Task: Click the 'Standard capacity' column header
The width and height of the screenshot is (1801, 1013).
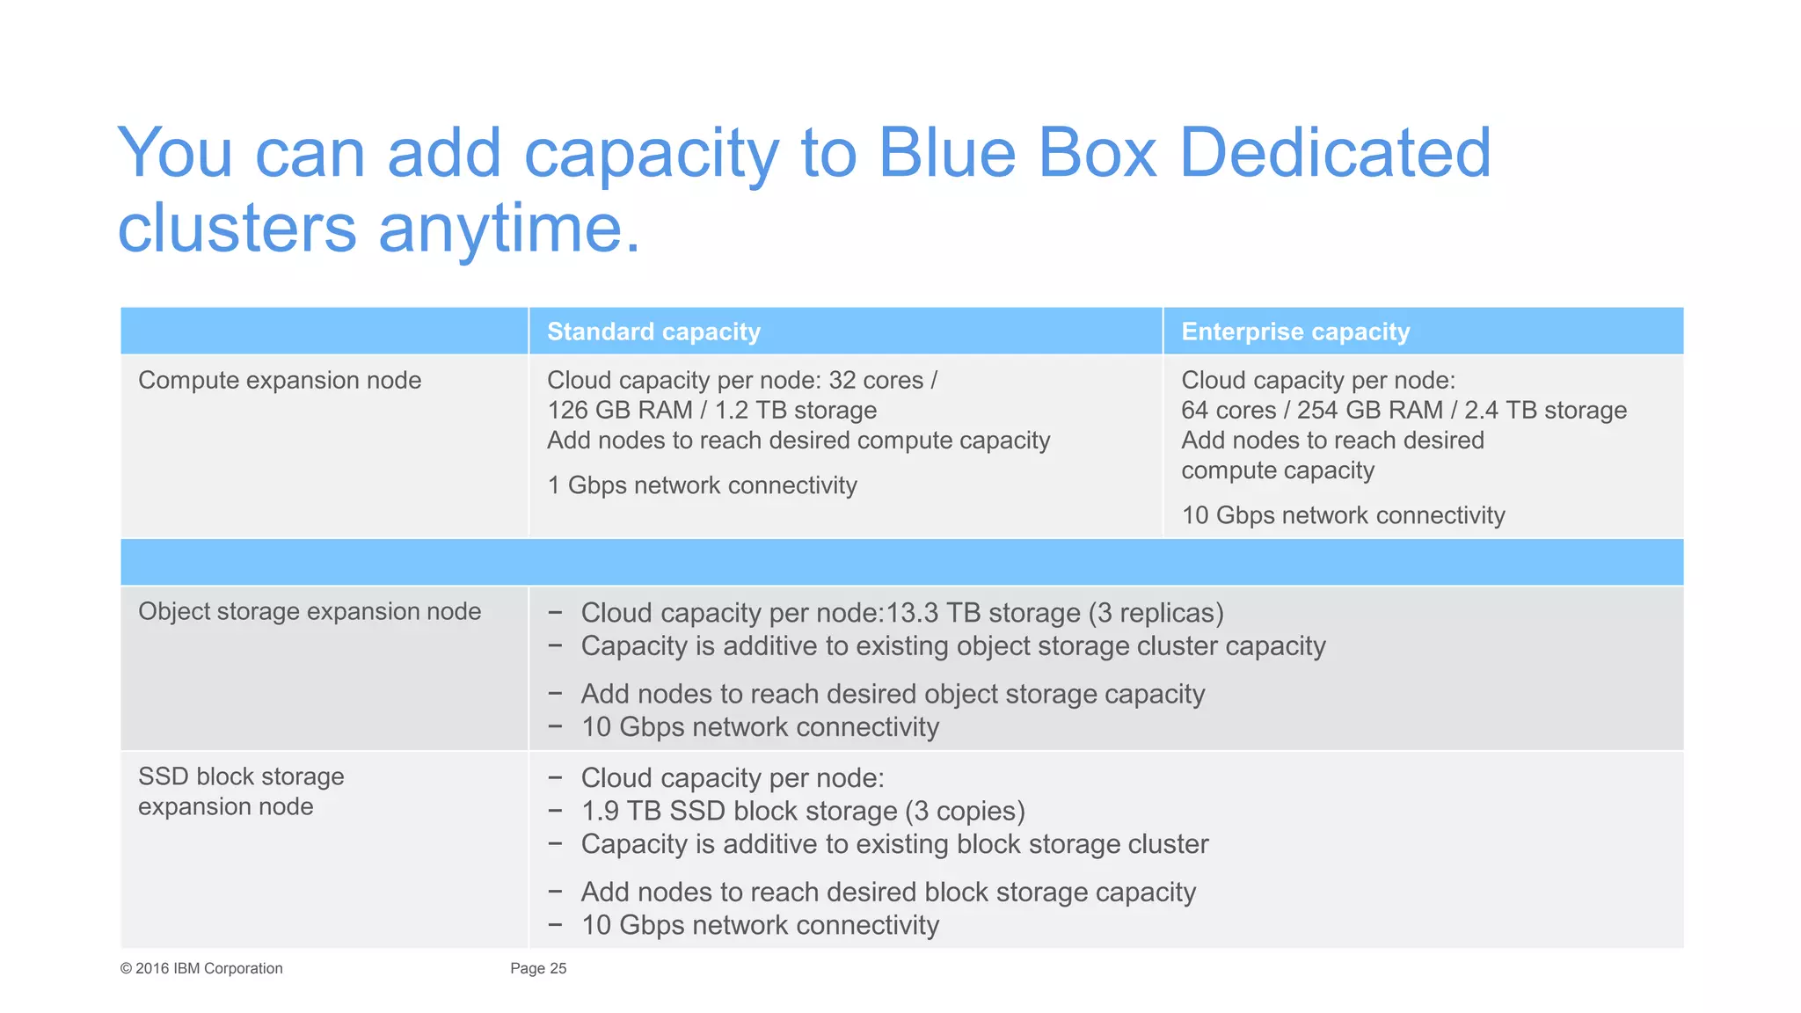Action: (x=653, y=332)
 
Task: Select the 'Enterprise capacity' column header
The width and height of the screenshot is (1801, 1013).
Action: (x=1294, y=332)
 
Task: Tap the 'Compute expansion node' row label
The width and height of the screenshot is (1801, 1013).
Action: (x=280, y=380)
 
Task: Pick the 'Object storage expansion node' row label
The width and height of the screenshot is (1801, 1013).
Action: (x=310, y=611)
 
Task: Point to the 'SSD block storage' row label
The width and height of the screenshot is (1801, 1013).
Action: (x=241, y=776)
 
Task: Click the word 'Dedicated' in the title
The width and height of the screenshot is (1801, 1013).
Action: (x=1334, y=153)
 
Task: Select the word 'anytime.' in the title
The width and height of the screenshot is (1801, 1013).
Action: (x=509, y=229)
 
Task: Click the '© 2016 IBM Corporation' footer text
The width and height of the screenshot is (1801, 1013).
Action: (x=201, y=968)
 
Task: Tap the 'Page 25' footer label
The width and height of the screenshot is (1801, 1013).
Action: (x=538, y=968)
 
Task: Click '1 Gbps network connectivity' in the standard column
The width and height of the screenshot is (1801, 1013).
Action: (x=702, y=485)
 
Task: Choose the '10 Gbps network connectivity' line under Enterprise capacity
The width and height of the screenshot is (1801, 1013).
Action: (x=1343, y=515)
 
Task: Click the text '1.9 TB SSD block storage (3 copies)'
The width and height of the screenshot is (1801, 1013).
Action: (x=803, y=811)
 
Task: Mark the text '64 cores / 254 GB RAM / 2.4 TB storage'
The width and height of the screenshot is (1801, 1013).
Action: (x=1404, y=410)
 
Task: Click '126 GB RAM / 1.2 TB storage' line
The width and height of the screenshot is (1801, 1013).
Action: (x=711, y=410)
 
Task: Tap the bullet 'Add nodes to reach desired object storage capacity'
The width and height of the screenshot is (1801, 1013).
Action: (x=893, y=694)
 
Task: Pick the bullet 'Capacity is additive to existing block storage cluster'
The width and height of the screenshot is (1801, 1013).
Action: (x=894, y=844)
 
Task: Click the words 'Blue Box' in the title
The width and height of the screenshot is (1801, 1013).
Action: (x=1017, y=153)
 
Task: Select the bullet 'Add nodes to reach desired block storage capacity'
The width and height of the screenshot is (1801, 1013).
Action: (x=888, y=893)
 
